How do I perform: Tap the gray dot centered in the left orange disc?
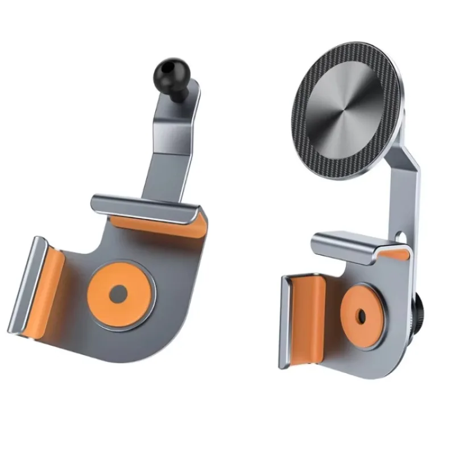(119, 294)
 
